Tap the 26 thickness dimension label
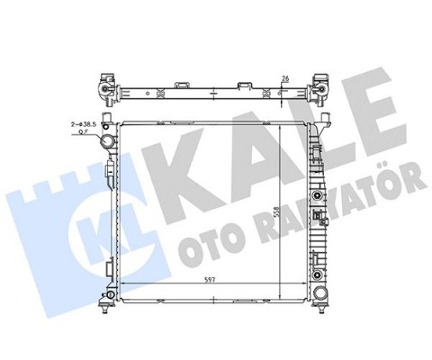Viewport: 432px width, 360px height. point(286,79)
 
